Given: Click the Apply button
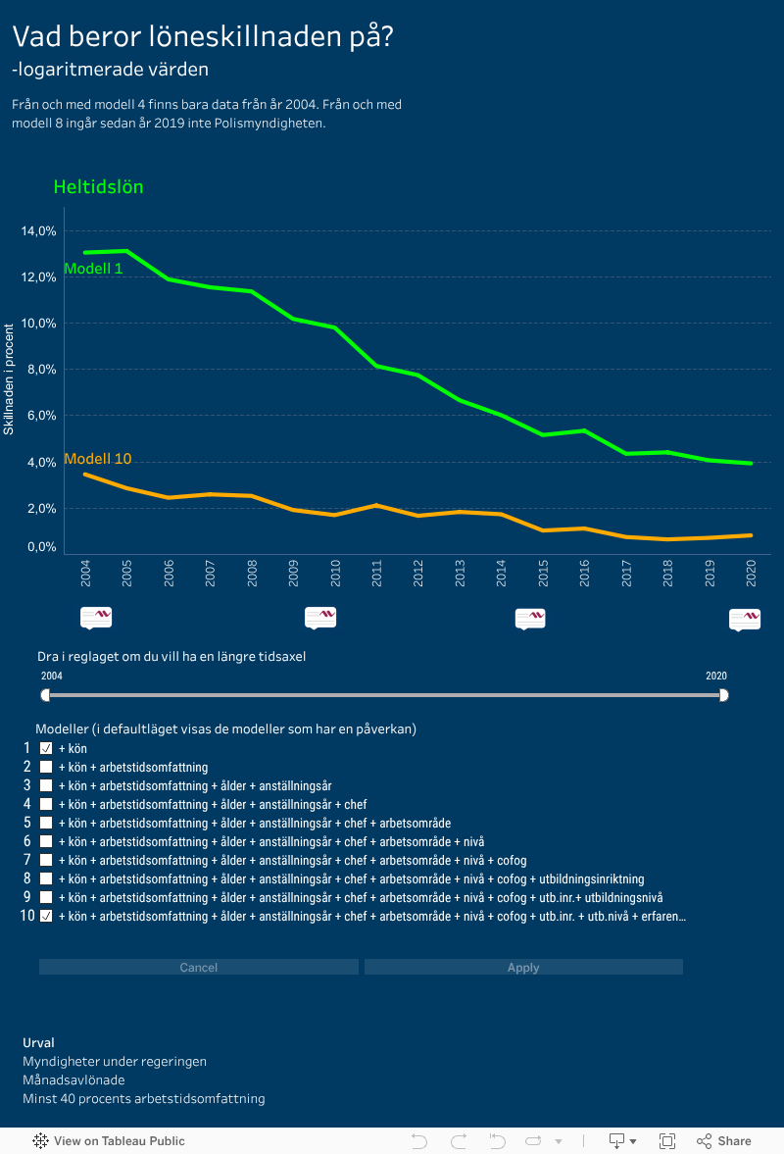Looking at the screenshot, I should point(523,968).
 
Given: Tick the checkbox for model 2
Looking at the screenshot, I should point(45,767).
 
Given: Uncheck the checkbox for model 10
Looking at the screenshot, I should point(45,916).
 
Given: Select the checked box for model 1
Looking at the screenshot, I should point(45,748).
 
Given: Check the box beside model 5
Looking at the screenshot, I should point(45,823).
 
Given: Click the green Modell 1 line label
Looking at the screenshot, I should point(93,269).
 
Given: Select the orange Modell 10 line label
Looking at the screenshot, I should point(97,459).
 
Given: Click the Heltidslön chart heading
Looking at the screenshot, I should point(98,186).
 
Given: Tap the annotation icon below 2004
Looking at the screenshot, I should point(96,617).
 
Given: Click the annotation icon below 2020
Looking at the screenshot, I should point(745,619).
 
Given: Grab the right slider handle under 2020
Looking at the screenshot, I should point(723,695).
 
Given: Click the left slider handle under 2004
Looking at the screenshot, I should point(45,695).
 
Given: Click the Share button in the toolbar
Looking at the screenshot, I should point(724,1140).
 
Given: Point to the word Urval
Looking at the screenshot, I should point(38,1042).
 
